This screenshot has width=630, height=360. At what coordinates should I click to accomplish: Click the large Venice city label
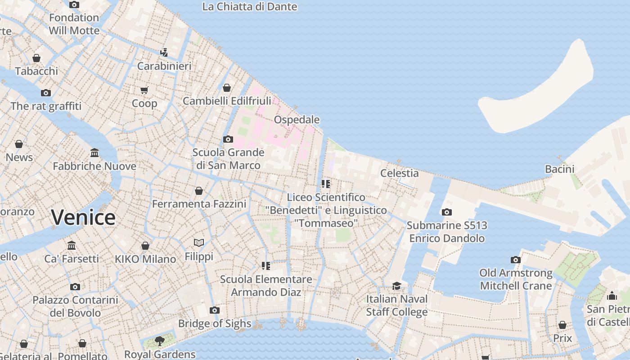tap(83, 218)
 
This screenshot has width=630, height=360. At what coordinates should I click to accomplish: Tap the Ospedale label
tap(297, 120)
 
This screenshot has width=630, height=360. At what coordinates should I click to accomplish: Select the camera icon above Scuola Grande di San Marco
tap(228, 139)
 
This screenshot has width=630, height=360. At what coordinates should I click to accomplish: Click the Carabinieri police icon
tap(164, 52)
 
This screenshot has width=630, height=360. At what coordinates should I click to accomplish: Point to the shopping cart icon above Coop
tap(144, 90)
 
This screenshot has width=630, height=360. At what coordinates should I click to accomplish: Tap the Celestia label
tap(399, 173)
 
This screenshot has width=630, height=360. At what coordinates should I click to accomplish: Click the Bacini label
tap(559, 169)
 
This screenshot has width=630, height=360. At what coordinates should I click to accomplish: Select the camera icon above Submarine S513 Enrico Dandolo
tap(446, 212)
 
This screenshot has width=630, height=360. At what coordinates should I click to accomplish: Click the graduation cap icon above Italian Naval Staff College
tap(396, 286)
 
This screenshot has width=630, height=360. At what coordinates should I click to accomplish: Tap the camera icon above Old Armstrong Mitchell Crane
tap(516, 260)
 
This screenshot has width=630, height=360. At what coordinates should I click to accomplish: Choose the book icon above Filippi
tap(199, 243)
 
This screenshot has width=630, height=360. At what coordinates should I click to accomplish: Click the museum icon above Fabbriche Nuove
tap(94, 153)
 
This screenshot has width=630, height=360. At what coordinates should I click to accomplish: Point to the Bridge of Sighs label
tap(215, 324)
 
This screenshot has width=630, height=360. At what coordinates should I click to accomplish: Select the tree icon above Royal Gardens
tap(159, 341)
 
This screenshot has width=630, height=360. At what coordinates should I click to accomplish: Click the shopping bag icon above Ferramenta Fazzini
tap(199, 191)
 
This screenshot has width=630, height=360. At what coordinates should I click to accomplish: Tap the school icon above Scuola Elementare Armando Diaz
tap(265, 266)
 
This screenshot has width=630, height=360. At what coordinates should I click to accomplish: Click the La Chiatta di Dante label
tap(249, 7)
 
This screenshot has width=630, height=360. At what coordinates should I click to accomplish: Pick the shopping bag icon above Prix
tap(562, 325)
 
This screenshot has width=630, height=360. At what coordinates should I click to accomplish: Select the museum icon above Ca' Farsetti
tap(72, 246)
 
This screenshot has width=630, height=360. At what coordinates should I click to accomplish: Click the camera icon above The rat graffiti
tap(46, 93)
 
